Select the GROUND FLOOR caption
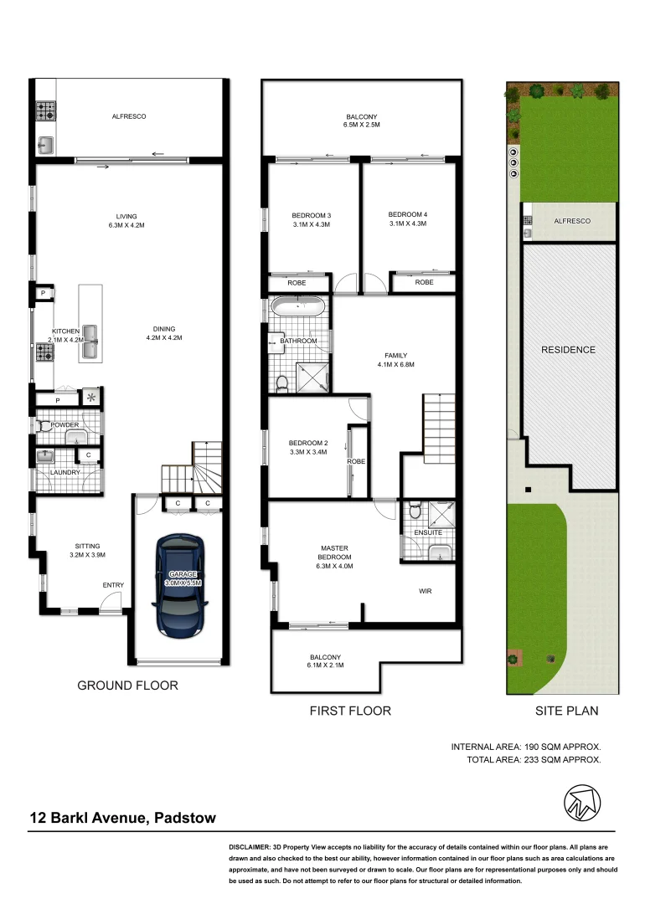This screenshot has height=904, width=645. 127,686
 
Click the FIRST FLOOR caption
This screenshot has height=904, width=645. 350,711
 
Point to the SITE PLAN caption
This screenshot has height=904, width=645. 566,711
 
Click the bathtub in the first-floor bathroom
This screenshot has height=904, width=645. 298,307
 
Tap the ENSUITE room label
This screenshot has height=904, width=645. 428,532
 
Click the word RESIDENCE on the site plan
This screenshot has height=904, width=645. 567,350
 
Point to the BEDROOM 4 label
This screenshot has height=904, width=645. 408,214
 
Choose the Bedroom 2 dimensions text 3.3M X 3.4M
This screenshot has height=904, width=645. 307,452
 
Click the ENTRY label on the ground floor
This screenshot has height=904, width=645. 113,585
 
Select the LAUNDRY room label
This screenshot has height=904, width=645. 64,473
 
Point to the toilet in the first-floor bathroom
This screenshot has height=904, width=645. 282,383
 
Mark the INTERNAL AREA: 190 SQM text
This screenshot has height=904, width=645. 526,746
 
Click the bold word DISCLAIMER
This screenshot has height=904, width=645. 255,849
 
